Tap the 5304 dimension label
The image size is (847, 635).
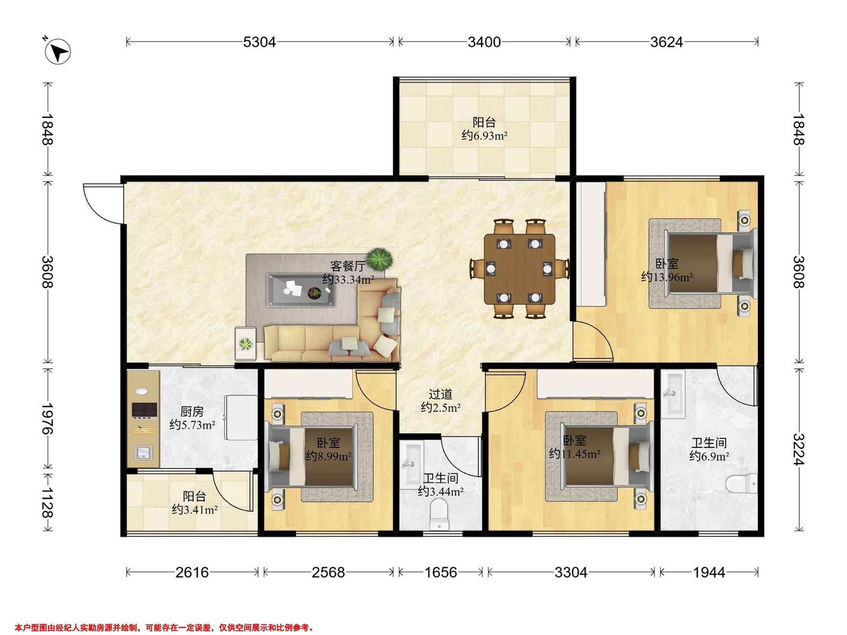(x=259, y=42)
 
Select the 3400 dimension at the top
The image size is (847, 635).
(x=484, y=42)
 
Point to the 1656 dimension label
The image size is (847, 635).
(x=440, y=572)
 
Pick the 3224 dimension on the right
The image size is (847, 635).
(x=799, y=449)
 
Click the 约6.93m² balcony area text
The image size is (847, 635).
(x=485, y=135)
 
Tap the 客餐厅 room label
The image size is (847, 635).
(x=348, y=266)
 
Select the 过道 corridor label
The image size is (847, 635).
(x=440, y=394)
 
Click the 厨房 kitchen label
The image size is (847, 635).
(x=192, y=411)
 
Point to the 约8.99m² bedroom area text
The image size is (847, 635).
(x=329, y=456)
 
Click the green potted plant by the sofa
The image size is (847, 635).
(x=379, y=259)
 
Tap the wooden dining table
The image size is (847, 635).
(x=519, y=269)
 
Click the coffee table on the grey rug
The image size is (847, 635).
(x=301, y=290)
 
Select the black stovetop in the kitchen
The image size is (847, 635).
(x=144, y=410)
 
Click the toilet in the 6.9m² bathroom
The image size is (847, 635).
(x=741, y=484)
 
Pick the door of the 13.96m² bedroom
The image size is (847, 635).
(x=593, y=341)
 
